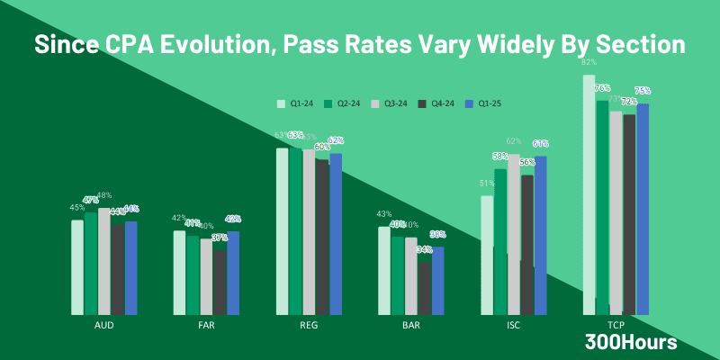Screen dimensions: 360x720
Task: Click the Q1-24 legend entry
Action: point(297,103)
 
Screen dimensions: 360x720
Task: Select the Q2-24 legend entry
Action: point(345,103)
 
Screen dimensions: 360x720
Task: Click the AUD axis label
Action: point(103,325)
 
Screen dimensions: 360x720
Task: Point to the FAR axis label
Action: point(206,325)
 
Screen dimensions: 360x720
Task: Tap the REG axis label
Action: point(309,325)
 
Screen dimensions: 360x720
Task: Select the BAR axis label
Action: point(410,325)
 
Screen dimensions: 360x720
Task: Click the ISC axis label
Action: point(514,325)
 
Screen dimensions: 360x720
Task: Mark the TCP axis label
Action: point(616,325)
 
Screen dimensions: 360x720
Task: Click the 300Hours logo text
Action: point(631,342)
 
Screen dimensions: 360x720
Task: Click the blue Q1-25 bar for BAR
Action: point(438,280)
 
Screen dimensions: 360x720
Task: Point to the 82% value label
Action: point(589,62)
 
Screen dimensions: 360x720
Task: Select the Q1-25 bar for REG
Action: point(336,233)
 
